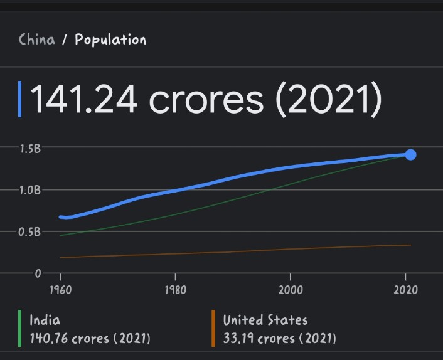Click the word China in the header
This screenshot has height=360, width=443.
coord(37,40)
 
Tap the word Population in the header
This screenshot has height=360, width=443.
coord(110,40)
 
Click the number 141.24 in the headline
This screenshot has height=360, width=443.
coord(83,99)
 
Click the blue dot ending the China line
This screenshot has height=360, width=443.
coord(410,154)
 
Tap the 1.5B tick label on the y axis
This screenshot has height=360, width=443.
coord(29,149)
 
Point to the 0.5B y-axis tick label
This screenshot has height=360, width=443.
coord(29,231)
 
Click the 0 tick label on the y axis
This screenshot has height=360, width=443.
coord(38,273)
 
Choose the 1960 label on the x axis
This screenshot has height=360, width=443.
coord(60,290)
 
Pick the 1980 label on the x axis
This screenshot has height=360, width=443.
coord(175,290)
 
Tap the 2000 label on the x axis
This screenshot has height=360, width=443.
coord(290,290)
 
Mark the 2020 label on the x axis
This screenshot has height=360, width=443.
coord(405,290)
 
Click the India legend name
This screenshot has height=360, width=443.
coord(45,320)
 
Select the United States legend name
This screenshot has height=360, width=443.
coord(265,320)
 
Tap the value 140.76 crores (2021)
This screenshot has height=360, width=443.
coord(90,339)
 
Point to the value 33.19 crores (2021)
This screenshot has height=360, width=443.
coord(280,339)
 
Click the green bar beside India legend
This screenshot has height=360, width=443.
coord(20,329)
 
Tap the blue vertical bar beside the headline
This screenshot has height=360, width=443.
coord(20,99)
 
